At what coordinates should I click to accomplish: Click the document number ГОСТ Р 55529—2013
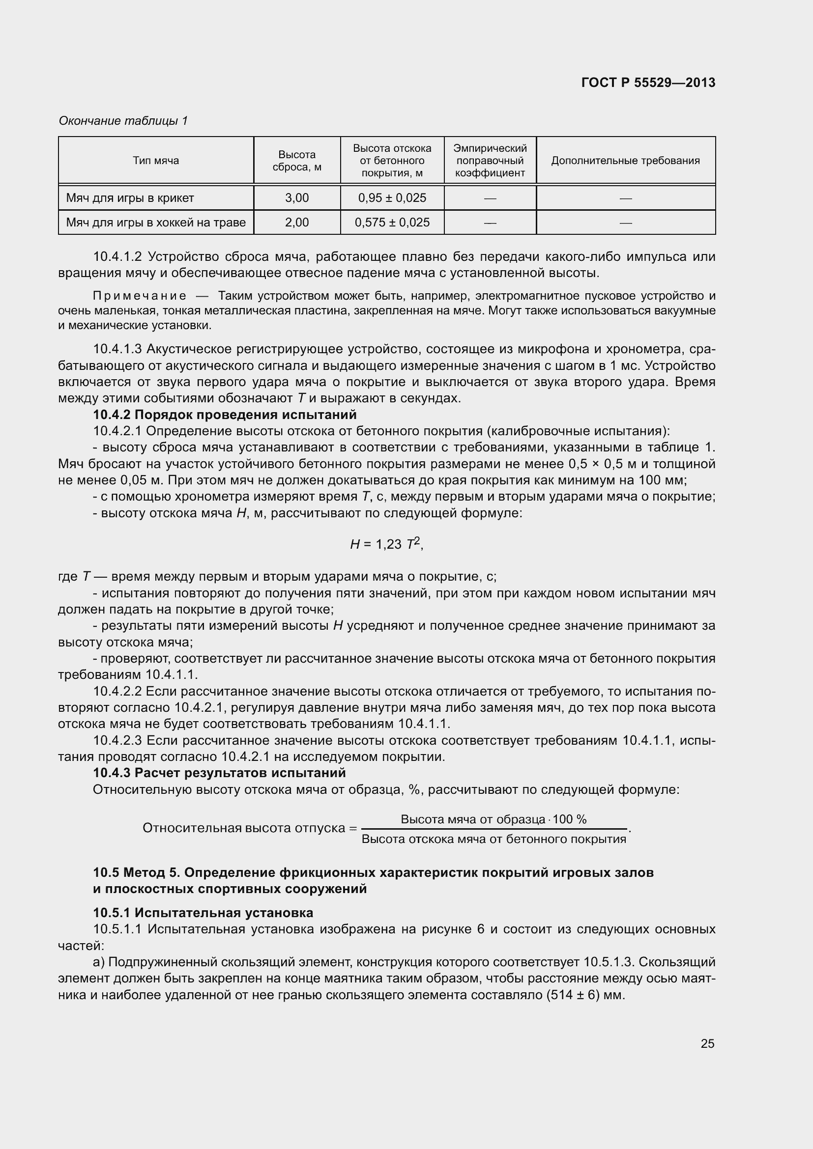[x=648, y=83]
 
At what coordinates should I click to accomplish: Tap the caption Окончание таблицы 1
[x=123, y=121]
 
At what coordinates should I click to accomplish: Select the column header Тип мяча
[x=156, y=161]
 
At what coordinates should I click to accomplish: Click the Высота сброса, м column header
[x=297, y=161]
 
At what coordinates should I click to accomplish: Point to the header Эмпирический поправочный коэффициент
[x=490, y=161]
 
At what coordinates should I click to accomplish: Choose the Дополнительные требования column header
[x=625, y=161]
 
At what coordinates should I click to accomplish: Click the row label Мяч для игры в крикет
[x=130, y=198]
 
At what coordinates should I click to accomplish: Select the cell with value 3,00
[x=297, y=198]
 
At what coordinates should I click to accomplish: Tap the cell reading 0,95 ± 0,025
[x=392, y=198]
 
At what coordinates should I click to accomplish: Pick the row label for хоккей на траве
[x=156, y=222]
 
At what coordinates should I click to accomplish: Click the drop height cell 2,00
[x=297, y=222]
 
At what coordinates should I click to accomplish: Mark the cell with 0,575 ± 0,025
[x=392, y=222]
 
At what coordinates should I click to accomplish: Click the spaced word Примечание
[x=140, y=296]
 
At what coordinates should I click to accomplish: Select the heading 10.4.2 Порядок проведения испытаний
[x=225, y=415]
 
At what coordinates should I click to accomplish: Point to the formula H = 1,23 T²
[x=386, y=544]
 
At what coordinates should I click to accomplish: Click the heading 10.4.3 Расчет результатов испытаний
[x=219, y=773]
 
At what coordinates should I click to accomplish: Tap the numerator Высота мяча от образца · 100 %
[x=493, y=819]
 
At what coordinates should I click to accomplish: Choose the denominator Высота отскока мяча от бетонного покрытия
[x=494, y=839]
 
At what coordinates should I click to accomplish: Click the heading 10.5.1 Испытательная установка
[x=203, y=913]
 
